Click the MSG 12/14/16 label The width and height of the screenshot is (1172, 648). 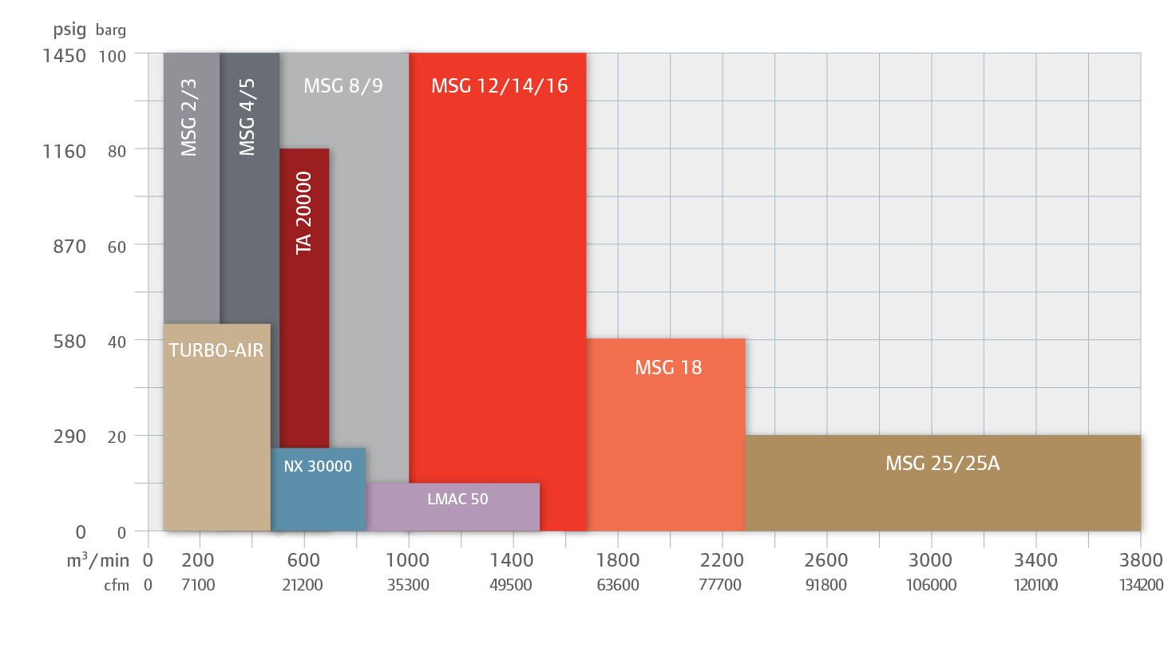tap(499, 86)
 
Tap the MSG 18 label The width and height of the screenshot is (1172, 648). tap(668, 368)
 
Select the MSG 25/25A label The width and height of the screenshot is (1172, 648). tap(942, 463)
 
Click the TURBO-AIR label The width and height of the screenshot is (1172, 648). tap(216, 350)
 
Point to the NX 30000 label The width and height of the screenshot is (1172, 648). tap(318, 467)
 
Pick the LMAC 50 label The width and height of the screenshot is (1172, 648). tap(457, 500)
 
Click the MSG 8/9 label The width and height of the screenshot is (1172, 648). tap(343, 86)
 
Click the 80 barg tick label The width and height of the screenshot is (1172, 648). tap(117, 151)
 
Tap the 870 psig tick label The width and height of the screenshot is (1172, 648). tap(69, 247)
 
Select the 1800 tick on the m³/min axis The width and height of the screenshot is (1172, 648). tap(617, 560)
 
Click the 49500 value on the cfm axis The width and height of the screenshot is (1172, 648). tap(512, 585)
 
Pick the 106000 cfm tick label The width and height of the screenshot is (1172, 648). tap(931, 585)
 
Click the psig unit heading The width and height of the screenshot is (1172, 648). tap(69, 31)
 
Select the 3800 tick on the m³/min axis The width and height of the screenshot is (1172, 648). tap(1140, 560)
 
